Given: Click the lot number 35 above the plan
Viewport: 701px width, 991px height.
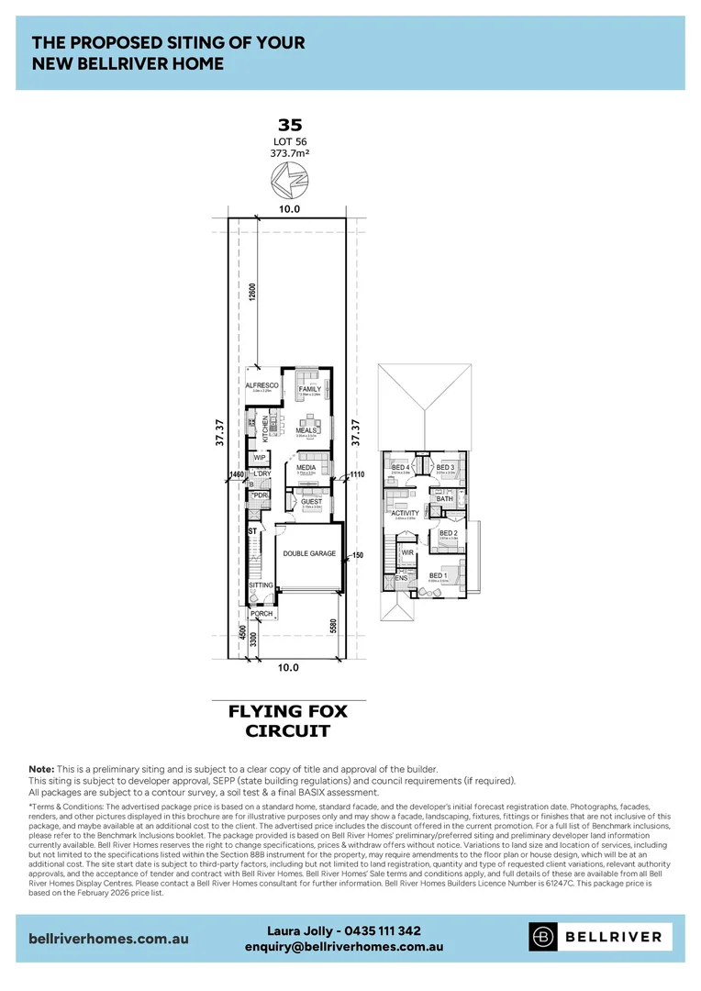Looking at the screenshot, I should pos(289,126).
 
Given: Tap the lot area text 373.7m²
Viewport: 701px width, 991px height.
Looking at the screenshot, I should pos(289,153).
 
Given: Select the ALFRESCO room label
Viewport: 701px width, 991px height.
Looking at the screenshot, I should pos(261,385).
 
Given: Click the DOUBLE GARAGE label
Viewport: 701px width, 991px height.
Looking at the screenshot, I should pos(308,553).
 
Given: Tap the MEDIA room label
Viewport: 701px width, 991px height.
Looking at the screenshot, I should pos(306,467).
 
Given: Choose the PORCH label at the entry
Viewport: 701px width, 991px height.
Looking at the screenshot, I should pos(261,614).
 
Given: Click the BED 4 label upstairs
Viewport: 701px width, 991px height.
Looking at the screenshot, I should pos(401,468).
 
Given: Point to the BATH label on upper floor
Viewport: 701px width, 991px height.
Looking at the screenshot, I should pos(444,498).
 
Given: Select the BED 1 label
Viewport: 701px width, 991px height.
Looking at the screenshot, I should pos(438,575).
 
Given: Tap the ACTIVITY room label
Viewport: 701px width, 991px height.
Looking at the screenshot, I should pos(405,514).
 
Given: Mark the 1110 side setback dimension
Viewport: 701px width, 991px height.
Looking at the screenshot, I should pos(358,475).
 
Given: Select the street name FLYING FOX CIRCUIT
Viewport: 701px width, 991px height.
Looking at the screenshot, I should pos(289,721).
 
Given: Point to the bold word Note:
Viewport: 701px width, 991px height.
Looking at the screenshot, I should pos(41,768).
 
